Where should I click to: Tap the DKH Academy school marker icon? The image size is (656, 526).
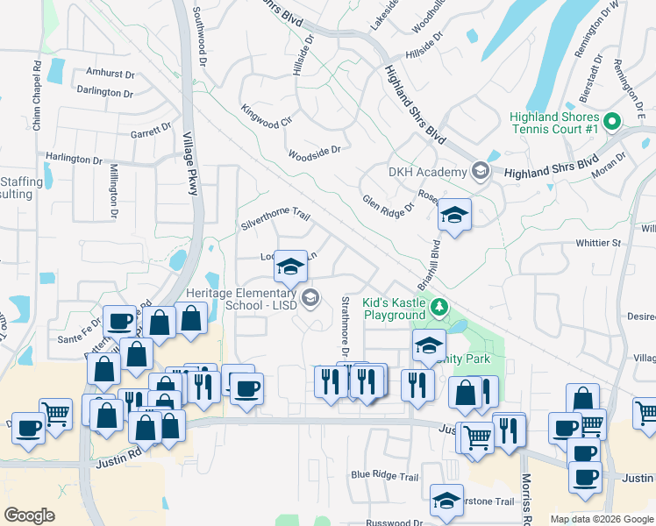click(480, 171)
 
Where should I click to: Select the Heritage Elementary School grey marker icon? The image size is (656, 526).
click(309, 300)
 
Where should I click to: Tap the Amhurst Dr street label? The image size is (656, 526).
click(109, 74)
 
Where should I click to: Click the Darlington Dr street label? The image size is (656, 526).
click(104, 92)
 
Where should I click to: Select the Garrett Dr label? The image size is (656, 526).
click(151, 131)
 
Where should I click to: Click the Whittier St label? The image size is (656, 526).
click(598, 242)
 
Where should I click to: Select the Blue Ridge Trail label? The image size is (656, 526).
click(385, 475)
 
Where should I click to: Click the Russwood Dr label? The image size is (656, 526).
click(395, 522)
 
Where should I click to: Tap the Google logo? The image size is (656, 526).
click(30, 515)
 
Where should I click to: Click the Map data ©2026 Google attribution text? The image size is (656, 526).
click(601, 520)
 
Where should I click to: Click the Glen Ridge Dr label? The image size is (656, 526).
click(388, 207)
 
